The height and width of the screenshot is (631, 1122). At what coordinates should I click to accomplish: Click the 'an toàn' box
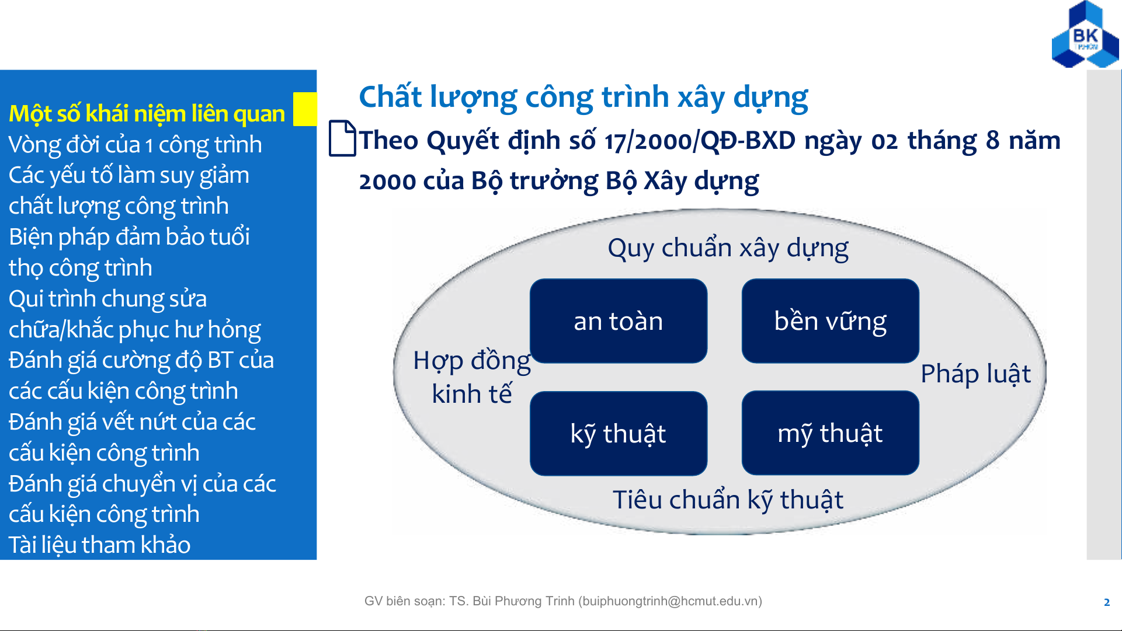pos(619,321)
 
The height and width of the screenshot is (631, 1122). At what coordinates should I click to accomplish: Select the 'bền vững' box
pos(830,321)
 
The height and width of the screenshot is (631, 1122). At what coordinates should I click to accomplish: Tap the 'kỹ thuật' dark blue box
pos(619,433)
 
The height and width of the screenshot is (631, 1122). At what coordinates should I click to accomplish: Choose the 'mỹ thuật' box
pos(830,433)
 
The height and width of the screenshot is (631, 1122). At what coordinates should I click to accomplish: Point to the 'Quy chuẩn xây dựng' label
pos(728,249)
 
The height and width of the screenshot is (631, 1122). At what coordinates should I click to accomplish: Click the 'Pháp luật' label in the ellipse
pos(976,374)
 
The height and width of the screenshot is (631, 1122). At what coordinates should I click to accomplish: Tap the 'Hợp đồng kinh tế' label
pos(472,378)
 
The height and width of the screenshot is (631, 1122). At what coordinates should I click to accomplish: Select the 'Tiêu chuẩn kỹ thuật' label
pos(728,500)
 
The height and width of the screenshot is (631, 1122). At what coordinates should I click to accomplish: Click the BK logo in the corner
pos(1085,34)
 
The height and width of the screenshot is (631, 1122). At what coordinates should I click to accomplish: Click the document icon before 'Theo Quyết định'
pos(342,138)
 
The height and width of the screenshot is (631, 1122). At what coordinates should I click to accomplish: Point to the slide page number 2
pos(1107,602)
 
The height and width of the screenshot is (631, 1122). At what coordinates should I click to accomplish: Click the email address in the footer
pos(670,601)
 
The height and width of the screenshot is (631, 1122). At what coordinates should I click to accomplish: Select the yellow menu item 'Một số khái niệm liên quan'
pos(147,114)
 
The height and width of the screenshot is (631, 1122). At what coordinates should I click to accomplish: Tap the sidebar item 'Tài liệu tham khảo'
pos(99,545)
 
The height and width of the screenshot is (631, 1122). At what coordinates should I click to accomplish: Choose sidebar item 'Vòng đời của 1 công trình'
pos(135,145)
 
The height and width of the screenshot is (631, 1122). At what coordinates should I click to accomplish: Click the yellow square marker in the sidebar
pos(305,109)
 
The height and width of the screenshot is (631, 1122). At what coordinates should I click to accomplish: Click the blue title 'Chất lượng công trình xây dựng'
pos(583,97)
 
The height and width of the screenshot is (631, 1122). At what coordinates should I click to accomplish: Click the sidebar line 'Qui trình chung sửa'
pos(107,299)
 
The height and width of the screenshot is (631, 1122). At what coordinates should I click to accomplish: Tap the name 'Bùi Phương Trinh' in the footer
pos(523,601)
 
